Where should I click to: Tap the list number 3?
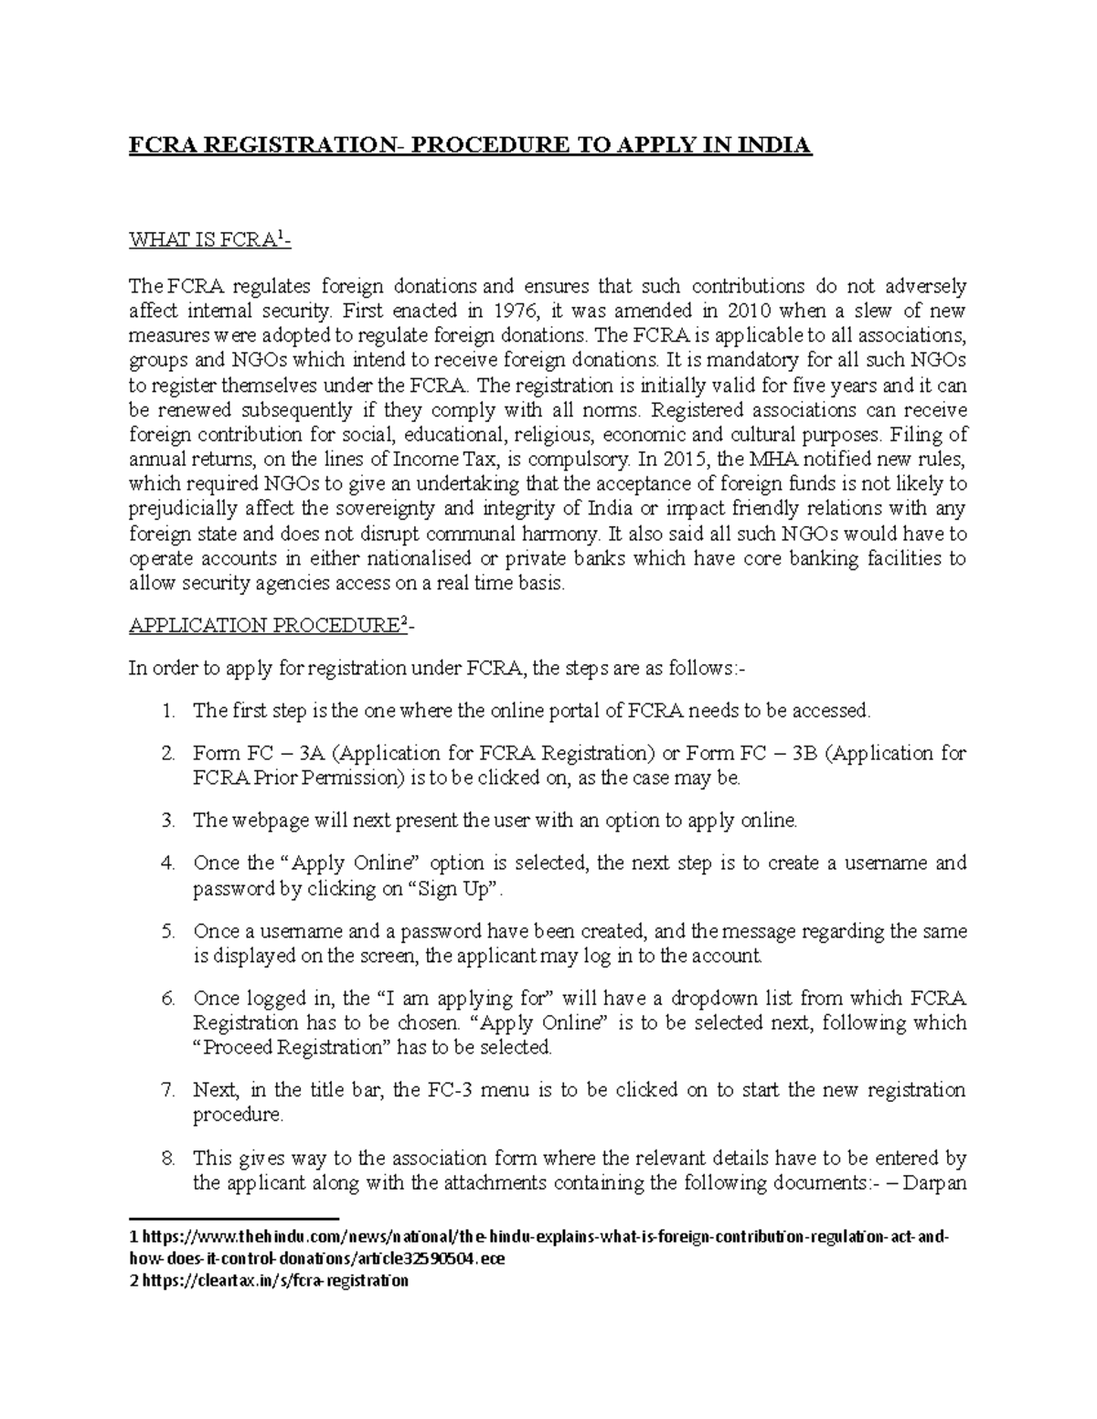pyautogui.click(x=167, y=821)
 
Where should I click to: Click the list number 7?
pyautogui.click(x=167, y=1090)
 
